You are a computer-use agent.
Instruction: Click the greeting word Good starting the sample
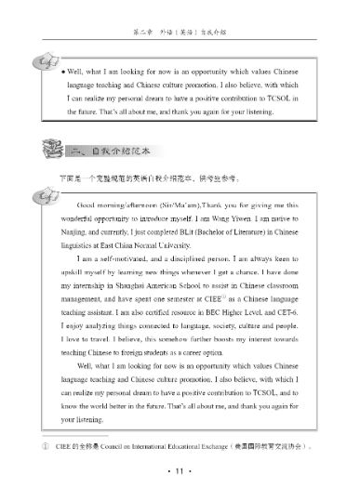(x=87, y=199)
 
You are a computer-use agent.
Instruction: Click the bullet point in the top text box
(x=61, y=71)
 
